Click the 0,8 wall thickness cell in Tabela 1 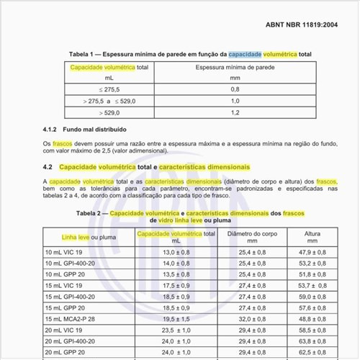235,89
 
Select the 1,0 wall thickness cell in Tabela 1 235,101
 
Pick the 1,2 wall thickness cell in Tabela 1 235,113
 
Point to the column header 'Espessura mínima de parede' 235,67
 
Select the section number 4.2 50,167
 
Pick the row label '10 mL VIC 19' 64,253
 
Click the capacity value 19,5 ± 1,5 176,318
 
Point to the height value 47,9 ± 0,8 312,253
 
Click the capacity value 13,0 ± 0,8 176,253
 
